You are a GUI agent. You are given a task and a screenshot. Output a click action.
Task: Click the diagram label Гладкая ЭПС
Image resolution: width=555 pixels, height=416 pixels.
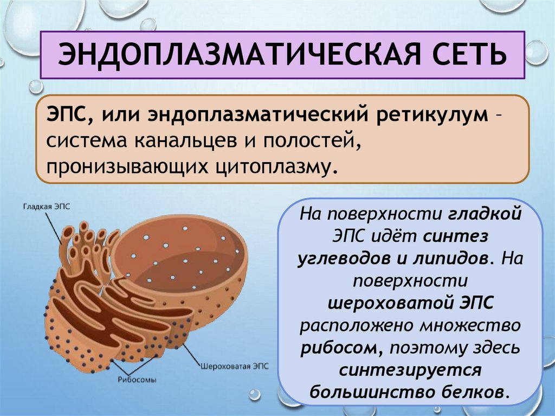coord(46,207)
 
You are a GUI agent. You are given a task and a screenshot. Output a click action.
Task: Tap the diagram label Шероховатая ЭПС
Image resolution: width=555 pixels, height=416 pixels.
coord(235,366)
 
